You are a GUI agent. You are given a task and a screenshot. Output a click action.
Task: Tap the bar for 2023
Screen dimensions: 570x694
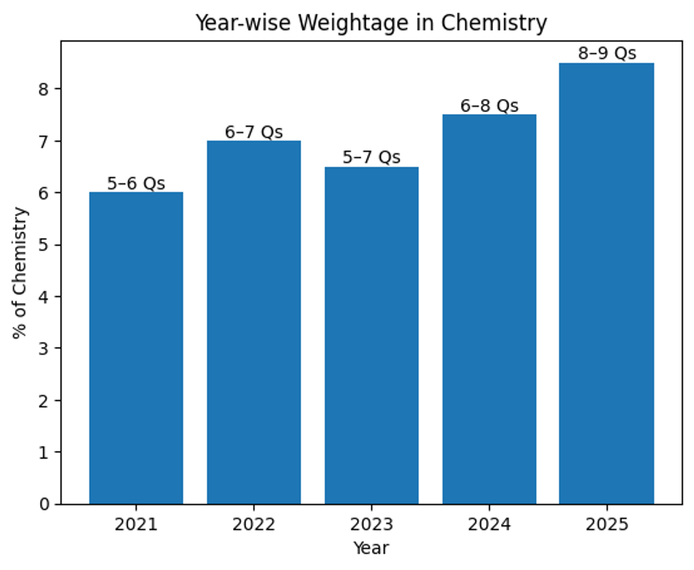[371, 335]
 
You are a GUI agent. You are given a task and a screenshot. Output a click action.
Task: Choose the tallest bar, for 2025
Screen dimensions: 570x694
[607, 283]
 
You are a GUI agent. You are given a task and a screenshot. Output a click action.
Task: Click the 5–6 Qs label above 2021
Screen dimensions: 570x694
[136, 184]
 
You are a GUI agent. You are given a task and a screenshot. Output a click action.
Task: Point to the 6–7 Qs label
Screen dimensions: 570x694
[254, 132]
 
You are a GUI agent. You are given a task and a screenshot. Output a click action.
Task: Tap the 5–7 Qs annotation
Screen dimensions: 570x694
[371, 158]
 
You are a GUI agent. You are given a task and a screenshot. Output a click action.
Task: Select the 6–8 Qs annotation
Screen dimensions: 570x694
[489, 106]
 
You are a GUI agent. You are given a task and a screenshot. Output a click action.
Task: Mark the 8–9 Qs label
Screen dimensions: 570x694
[607, 54]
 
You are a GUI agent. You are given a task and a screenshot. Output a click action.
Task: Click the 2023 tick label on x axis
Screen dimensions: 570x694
[371, 525]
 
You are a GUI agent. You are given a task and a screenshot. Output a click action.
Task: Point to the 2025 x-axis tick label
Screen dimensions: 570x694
[607, 525]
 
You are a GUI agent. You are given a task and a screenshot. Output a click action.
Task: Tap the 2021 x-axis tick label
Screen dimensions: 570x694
[136, 525]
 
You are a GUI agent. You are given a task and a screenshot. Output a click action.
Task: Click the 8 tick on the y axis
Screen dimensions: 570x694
[47, 89]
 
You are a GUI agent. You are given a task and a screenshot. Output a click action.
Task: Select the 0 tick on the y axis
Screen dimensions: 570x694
[47, 504]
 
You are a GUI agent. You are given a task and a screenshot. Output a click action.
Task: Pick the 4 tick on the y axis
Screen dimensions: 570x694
[47, 297]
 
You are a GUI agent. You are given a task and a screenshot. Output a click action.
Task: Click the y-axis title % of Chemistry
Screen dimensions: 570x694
[20, 272]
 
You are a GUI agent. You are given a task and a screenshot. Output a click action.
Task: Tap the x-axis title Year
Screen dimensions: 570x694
[371, 548]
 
